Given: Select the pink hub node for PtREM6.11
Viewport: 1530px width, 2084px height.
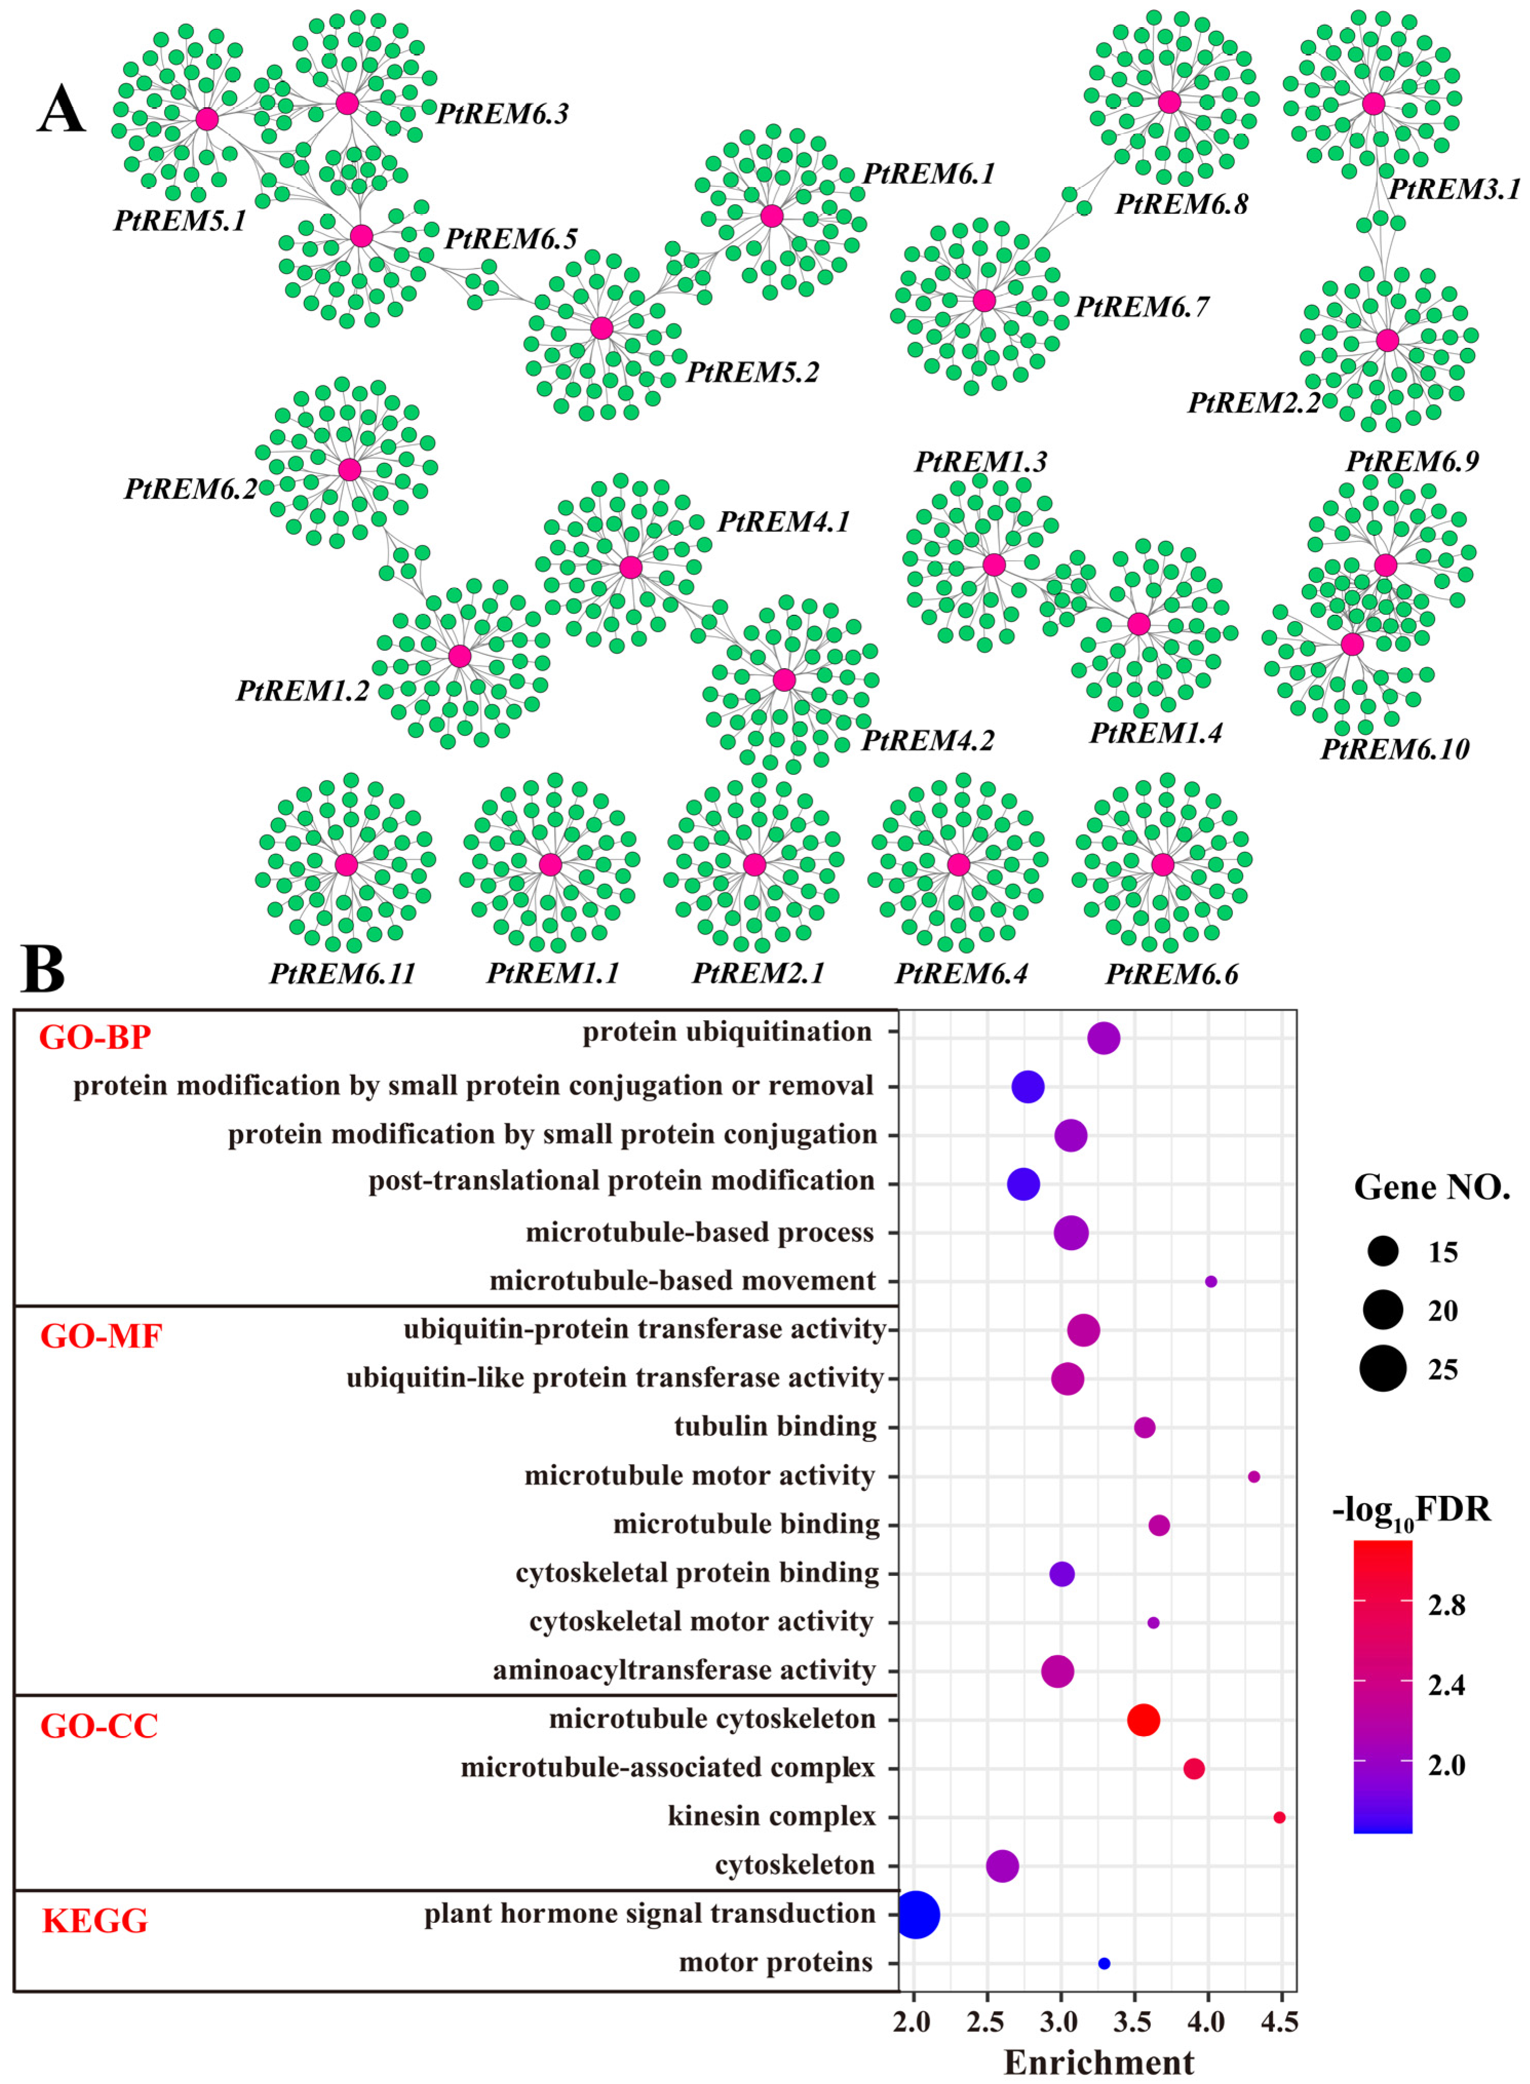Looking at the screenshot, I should [346, 864].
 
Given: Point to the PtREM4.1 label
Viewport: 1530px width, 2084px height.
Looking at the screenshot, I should [783, 522].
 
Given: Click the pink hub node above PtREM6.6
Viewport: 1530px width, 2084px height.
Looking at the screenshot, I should [1162, 864].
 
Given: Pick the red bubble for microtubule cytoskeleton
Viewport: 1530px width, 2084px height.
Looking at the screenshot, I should [1144, 1720].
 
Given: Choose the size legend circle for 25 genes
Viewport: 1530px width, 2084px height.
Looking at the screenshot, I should [1384, 1369].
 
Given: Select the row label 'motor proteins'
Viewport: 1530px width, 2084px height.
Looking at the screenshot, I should [776, 1962].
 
